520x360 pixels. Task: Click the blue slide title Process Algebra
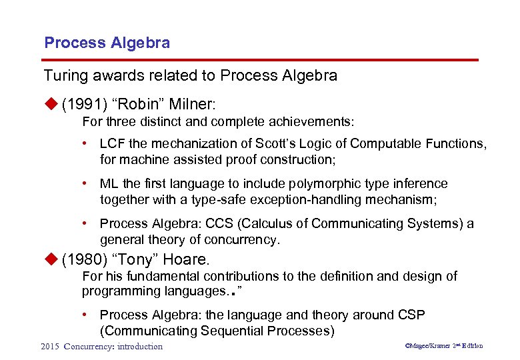pos(107,43)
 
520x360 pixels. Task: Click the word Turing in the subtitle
pos(65,75)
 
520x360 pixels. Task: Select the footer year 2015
pos(50,346)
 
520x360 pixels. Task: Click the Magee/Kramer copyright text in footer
pos(430,346)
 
